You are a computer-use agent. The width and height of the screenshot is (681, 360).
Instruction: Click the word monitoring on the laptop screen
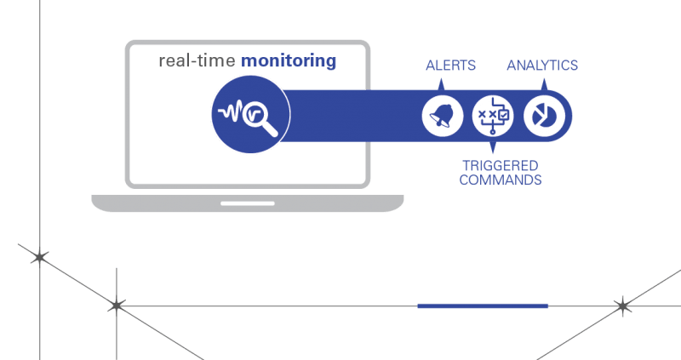[x=289, y=61]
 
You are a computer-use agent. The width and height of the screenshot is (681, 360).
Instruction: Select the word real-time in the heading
[x=197, y=60]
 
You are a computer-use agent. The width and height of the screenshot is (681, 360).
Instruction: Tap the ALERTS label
[x=451, y=66]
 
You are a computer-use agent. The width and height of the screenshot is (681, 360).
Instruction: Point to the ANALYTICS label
[x=542, y=66]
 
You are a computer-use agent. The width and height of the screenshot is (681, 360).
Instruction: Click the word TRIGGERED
[x=501, y=165]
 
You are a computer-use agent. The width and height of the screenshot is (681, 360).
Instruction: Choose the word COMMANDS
[x=501, y=180]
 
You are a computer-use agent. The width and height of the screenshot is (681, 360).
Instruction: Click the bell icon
[x=442, y=117]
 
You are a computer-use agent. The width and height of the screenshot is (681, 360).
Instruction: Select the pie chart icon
[x=544, y=117]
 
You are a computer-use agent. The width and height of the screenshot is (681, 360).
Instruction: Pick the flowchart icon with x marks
[x=493, y=117]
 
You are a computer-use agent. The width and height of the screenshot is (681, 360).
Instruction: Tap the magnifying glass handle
[x=269, y=129]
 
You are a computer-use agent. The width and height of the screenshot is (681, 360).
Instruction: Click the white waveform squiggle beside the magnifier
[x=231, y=112]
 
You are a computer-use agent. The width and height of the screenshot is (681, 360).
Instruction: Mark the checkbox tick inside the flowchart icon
[x=504, y=115]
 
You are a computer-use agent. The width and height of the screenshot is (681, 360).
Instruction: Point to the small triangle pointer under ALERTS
[x=441, y=84]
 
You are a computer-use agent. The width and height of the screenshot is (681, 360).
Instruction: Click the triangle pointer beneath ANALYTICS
[x=544, y=84]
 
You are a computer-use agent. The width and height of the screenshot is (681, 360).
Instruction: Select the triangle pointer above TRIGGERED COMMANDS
[x=493, y=147]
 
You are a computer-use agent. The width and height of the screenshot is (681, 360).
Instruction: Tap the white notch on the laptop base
[x=248, y=203]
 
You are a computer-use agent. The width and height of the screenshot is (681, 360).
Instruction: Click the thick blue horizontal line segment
[x=483, y=306]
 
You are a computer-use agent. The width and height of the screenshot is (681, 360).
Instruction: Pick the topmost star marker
[x=39, y=258]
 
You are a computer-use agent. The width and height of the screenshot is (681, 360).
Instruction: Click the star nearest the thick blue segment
[x=623, y=306]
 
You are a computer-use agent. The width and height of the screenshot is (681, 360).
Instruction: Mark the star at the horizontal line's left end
[x=117, y=306]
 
